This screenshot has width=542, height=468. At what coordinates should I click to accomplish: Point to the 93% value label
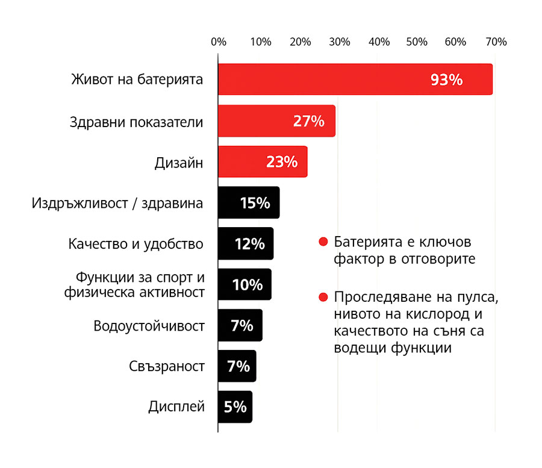446,80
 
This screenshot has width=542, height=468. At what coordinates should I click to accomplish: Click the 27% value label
308,121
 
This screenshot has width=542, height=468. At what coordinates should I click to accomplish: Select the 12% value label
249,244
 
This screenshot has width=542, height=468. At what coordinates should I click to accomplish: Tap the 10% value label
247,285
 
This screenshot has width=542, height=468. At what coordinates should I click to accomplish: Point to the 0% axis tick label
219,42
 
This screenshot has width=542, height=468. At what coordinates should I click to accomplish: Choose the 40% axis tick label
379,42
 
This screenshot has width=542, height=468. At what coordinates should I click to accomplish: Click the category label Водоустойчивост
149,326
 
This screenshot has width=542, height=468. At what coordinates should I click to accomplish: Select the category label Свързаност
167,366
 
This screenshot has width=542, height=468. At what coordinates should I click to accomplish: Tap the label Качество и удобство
135,244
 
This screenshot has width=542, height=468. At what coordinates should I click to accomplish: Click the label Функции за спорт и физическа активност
140,285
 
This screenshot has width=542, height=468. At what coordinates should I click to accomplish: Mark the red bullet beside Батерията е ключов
323,242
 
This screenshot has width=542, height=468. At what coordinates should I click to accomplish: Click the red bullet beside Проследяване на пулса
323,298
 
